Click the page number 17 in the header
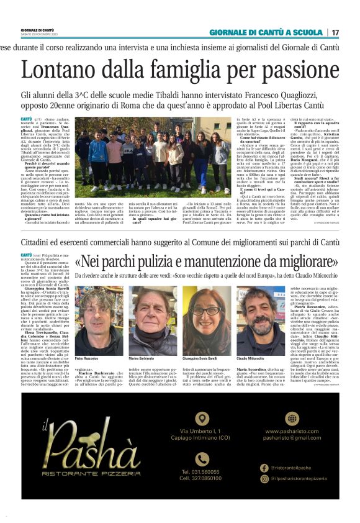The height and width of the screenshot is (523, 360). point(336,32)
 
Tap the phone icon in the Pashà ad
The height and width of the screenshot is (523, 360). point(202,458)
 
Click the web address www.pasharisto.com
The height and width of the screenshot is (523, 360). point(291,431)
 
